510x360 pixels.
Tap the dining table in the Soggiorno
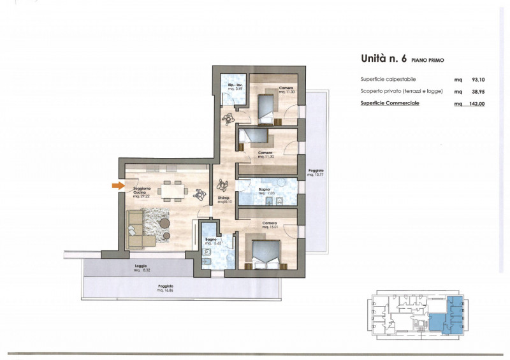pyautogui.click(x=171, y=189)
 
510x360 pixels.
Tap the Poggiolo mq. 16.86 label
pyautogui.click(x=166, y=287)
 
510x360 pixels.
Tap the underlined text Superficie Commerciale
pyautogui.click(x=390, y=103)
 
